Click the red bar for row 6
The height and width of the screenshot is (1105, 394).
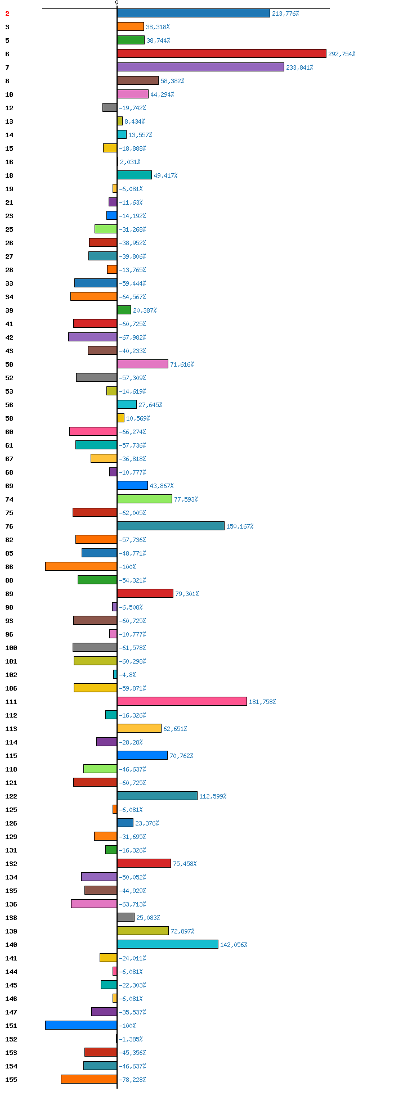(222, 53)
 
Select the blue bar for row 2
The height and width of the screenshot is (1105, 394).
(194, 13)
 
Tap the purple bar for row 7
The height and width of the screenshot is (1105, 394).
(200, 67)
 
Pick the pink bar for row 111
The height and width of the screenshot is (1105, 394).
(182, 701)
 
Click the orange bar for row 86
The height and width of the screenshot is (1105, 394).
(81, 566)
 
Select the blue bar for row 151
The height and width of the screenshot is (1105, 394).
(81, 1025)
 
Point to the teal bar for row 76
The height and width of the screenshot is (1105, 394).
(171, 526)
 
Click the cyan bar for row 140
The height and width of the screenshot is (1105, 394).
(168, 944)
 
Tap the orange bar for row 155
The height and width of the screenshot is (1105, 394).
(89, 1079)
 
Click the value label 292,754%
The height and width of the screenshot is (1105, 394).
(342, 54)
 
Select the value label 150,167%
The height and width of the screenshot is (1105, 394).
(240, 526)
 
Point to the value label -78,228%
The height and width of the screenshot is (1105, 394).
(132, 1080)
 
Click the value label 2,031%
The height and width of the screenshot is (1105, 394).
(130, 162)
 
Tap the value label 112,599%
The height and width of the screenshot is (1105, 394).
(213, 796)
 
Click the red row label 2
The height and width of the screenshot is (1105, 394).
(7, 13)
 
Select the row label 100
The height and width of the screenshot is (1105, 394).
(11, 648)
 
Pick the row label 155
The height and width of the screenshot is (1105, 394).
(11, 1080)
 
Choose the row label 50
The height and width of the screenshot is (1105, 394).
(9, 364)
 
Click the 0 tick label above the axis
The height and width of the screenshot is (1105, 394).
(117, 3)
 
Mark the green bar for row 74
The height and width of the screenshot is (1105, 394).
(145, 499)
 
